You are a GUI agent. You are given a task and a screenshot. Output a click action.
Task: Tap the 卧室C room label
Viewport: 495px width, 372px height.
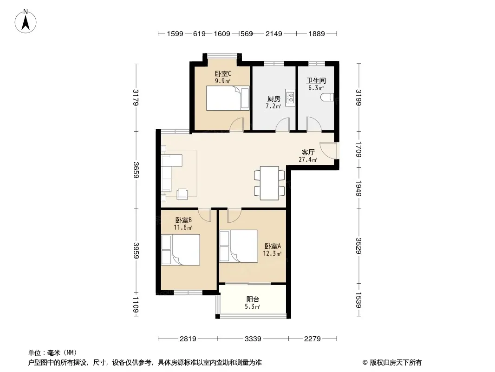click(223, 74)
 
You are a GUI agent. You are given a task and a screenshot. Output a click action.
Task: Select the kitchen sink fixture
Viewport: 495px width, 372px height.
click(290, 97)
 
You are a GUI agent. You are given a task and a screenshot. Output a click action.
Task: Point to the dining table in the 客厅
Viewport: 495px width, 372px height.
click(269, 183)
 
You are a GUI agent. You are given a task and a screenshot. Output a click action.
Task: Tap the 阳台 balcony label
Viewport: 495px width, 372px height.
click(253, 299)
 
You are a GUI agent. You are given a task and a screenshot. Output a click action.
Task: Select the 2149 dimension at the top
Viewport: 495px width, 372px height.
click(274, 34)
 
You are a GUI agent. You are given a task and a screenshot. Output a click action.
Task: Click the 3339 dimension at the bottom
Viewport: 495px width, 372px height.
click(253, 339)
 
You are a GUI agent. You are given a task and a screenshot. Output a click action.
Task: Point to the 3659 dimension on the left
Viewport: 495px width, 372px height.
click(136, 170)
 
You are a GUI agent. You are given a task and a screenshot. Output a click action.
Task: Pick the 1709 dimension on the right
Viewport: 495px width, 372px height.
click(358, 149)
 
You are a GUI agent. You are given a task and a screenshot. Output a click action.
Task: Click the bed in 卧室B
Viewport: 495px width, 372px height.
click(181, 250)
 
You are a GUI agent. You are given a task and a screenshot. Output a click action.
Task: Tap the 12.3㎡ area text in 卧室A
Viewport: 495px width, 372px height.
click(272, 253)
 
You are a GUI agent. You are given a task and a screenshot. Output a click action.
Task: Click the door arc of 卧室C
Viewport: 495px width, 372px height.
click(236, 124)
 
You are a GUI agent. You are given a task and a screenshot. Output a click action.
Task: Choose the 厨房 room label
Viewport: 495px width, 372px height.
click(274, 99)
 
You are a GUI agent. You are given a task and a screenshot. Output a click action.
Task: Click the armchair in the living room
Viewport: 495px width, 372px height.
click(182, 194)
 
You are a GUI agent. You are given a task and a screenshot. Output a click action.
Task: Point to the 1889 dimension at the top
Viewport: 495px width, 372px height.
click(317, 34)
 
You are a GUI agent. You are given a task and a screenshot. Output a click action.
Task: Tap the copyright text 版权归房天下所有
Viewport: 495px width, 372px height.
click(396, 363)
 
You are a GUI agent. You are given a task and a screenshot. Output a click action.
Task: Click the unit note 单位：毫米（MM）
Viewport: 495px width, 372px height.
click(52, 353)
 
